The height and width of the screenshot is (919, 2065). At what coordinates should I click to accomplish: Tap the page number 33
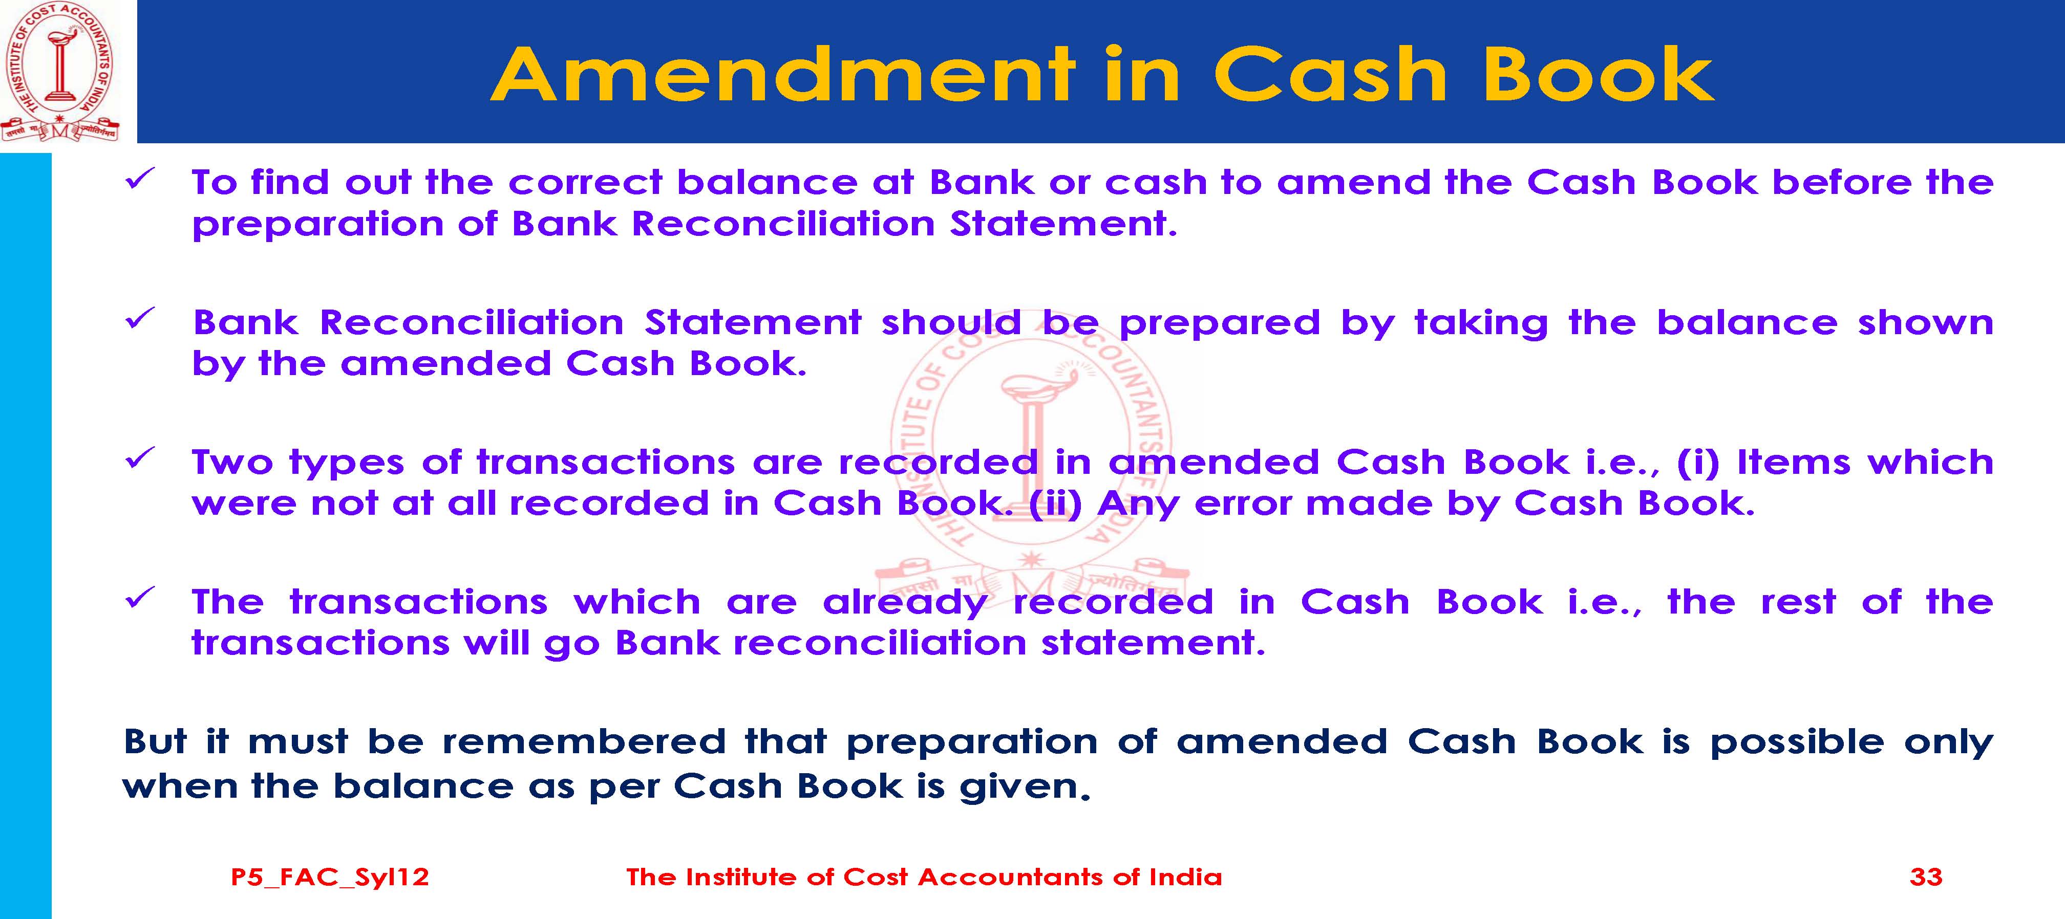point(1926,877)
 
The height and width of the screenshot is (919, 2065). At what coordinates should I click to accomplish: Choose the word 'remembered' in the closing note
point(584,742)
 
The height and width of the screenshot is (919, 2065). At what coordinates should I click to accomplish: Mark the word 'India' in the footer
point(1186,877)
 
